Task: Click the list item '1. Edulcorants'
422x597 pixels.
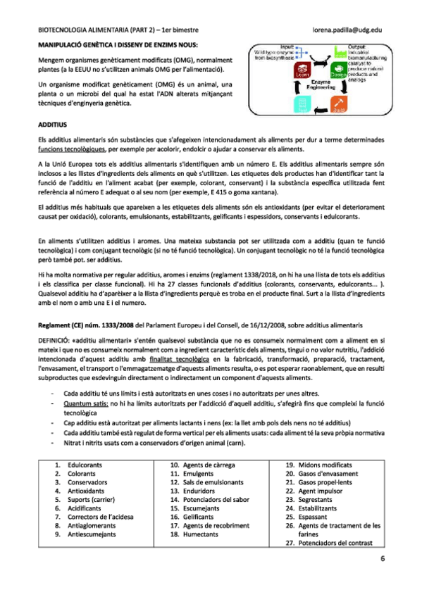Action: point(75,465)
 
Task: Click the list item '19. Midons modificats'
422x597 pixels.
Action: point(318,465)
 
